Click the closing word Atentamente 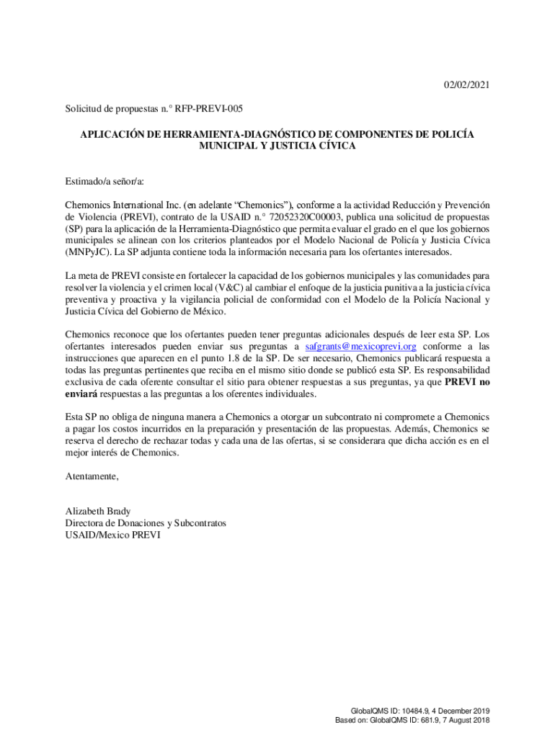tap(92, 476)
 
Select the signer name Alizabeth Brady tap(98, 511)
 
